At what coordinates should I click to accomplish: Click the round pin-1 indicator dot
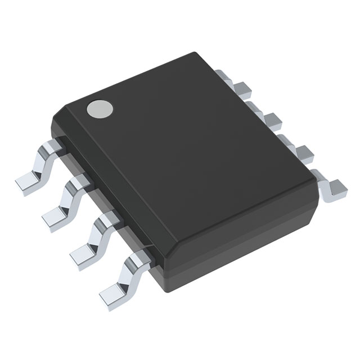[98, 109]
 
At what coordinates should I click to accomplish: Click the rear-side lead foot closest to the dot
[241, 87]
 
